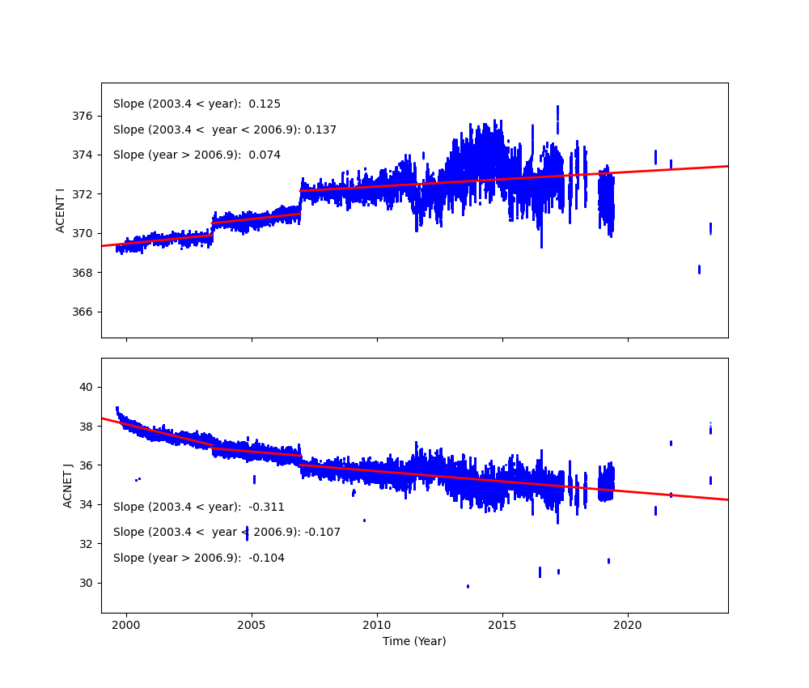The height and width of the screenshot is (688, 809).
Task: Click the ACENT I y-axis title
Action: click(x=60, y=210)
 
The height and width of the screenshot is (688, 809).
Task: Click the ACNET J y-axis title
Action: click(x=68, y=485)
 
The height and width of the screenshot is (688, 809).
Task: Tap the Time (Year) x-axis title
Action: click(x=414, y=641)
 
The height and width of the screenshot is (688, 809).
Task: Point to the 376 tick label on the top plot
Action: click(x=84, y=116)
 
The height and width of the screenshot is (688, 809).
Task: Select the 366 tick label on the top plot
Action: click(x=84, y=312)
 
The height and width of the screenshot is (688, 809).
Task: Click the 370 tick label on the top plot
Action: click(x=84, y=233)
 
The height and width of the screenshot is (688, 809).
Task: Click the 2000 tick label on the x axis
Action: click(x=126, y=625)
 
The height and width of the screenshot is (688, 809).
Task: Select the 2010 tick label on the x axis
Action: click(x=377, y=625)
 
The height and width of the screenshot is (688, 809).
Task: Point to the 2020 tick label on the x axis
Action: click(x=628, y=625)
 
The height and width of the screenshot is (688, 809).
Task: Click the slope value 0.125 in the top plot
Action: click(x=265, y=104)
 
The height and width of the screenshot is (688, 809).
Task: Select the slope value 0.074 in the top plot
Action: click(x=265, y=155)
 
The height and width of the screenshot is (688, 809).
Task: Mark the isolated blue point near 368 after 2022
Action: click(x=699, y=269)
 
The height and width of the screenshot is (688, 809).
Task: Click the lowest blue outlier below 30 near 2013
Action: click(x=468, y=586)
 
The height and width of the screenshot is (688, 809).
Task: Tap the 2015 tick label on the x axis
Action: click(x=502, y=625)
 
